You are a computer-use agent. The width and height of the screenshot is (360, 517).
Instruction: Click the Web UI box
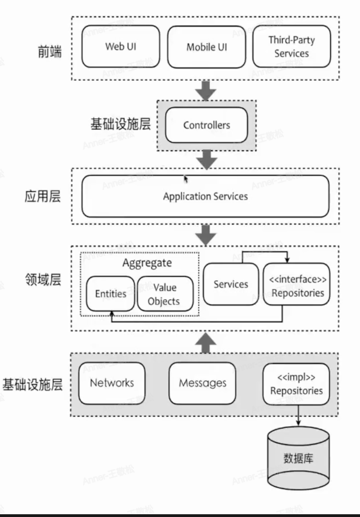(121, 46)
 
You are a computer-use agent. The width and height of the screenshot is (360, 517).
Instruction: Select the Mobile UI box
(206, 47)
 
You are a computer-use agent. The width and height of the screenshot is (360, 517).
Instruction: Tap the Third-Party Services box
(291, 47)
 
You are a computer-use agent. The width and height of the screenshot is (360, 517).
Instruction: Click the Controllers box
(206, 125)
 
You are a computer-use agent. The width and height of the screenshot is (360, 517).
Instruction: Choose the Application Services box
(205, 196)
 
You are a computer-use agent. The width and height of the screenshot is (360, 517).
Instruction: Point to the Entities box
(111, 294)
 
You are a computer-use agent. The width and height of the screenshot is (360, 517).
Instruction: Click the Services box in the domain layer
(231, 284)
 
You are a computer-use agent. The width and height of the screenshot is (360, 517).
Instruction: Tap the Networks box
(112, 383)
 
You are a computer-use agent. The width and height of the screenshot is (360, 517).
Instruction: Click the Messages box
(202, 383)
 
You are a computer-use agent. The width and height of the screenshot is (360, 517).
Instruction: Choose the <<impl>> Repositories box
(296, 383)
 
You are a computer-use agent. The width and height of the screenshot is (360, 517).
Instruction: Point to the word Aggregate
(147, 263)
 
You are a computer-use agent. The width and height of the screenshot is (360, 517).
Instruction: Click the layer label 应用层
(42, 197)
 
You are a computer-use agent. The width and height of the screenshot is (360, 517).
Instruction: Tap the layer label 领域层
(42, 280)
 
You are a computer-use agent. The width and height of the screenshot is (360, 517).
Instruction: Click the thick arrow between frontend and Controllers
(206, 90)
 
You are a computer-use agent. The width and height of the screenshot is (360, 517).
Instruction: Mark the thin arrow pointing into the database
(298, 415)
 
